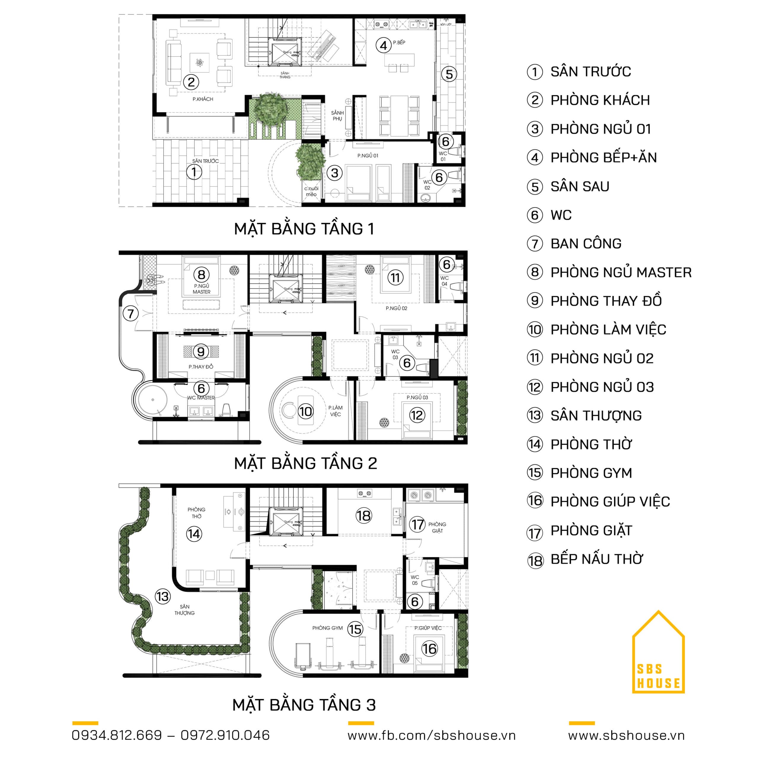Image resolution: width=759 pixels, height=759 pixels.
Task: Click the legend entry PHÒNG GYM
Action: (591, 473)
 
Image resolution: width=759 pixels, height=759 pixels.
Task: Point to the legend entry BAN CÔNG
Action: (586, 244)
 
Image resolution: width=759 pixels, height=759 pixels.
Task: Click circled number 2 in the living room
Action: (191, 82)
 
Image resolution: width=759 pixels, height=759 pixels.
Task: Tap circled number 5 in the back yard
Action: (449, 74)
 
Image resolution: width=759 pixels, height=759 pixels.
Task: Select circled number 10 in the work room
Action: (305, 412)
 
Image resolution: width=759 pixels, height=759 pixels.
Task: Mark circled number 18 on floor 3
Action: (363, 516)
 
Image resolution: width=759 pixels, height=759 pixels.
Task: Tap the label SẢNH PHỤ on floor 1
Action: (337, 116)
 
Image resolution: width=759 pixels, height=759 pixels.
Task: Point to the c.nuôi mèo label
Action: (311, 191)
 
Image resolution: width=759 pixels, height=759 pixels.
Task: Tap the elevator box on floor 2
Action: (286, 289)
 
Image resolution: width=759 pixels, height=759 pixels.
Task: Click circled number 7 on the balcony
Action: (130, 313)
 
